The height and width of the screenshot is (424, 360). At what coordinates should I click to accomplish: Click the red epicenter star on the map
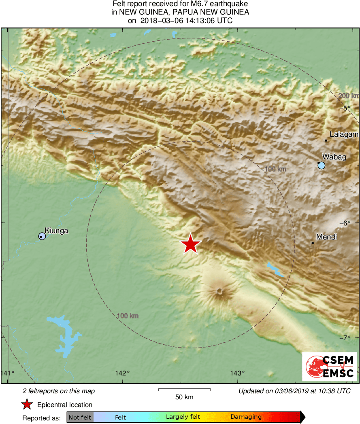190,244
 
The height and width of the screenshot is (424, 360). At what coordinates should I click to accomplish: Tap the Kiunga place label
56,231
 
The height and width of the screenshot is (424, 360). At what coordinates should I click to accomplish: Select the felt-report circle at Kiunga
42,236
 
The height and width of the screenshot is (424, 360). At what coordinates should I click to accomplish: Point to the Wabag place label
334,157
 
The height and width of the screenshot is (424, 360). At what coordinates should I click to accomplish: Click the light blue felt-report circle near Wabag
322,165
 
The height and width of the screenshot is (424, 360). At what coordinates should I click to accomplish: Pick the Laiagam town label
344,134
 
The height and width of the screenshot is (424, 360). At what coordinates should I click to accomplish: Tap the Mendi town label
326,237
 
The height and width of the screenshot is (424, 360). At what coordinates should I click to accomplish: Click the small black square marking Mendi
313,243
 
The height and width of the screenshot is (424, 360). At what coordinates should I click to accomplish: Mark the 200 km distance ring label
348,96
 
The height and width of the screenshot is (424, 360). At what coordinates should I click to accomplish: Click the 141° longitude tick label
7,373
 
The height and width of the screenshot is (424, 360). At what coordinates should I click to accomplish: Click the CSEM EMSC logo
329,366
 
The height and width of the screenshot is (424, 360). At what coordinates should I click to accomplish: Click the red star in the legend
27,405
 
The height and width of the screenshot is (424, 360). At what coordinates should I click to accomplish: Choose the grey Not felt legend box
80,417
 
